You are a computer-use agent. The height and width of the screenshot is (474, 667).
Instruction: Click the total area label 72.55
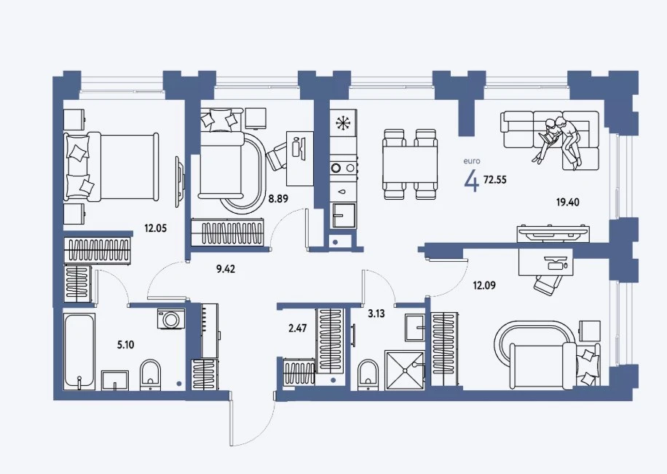[495, 179]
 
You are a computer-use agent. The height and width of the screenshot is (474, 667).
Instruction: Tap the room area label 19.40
[568, 202]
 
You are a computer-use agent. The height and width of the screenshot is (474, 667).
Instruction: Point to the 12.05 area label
[155, 228]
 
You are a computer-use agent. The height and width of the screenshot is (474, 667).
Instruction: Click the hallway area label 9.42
[226, 269]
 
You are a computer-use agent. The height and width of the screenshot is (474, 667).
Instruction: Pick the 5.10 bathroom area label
[125, 344]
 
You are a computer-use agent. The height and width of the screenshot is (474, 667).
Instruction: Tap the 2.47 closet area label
[297, 328]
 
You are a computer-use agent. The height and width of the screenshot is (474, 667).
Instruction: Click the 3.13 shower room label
[376, 314]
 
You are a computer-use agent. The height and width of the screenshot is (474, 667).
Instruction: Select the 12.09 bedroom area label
[484, 285]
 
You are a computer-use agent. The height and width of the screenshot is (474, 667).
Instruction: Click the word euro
[472, 161]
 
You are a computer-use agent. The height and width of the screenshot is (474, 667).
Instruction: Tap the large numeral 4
[472, 181]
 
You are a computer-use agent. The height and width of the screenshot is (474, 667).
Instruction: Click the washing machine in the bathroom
[171, 319]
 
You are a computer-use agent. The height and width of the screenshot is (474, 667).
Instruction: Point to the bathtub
[79, 351]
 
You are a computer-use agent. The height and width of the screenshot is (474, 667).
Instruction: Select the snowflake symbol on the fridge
[342, 123]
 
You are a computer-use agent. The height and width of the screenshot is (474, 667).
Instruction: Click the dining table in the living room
[410, 164]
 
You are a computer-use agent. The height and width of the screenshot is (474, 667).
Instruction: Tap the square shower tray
[405, 370]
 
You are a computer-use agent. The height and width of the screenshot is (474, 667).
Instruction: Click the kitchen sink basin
[344, 215]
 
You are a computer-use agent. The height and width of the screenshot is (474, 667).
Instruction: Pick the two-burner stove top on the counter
[343, 168]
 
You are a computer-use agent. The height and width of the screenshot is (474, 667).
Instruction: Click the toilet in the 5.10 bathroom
[151, 375]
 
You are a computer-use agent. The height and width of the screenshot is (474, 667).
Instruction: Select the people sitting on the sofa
[557, 141]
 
